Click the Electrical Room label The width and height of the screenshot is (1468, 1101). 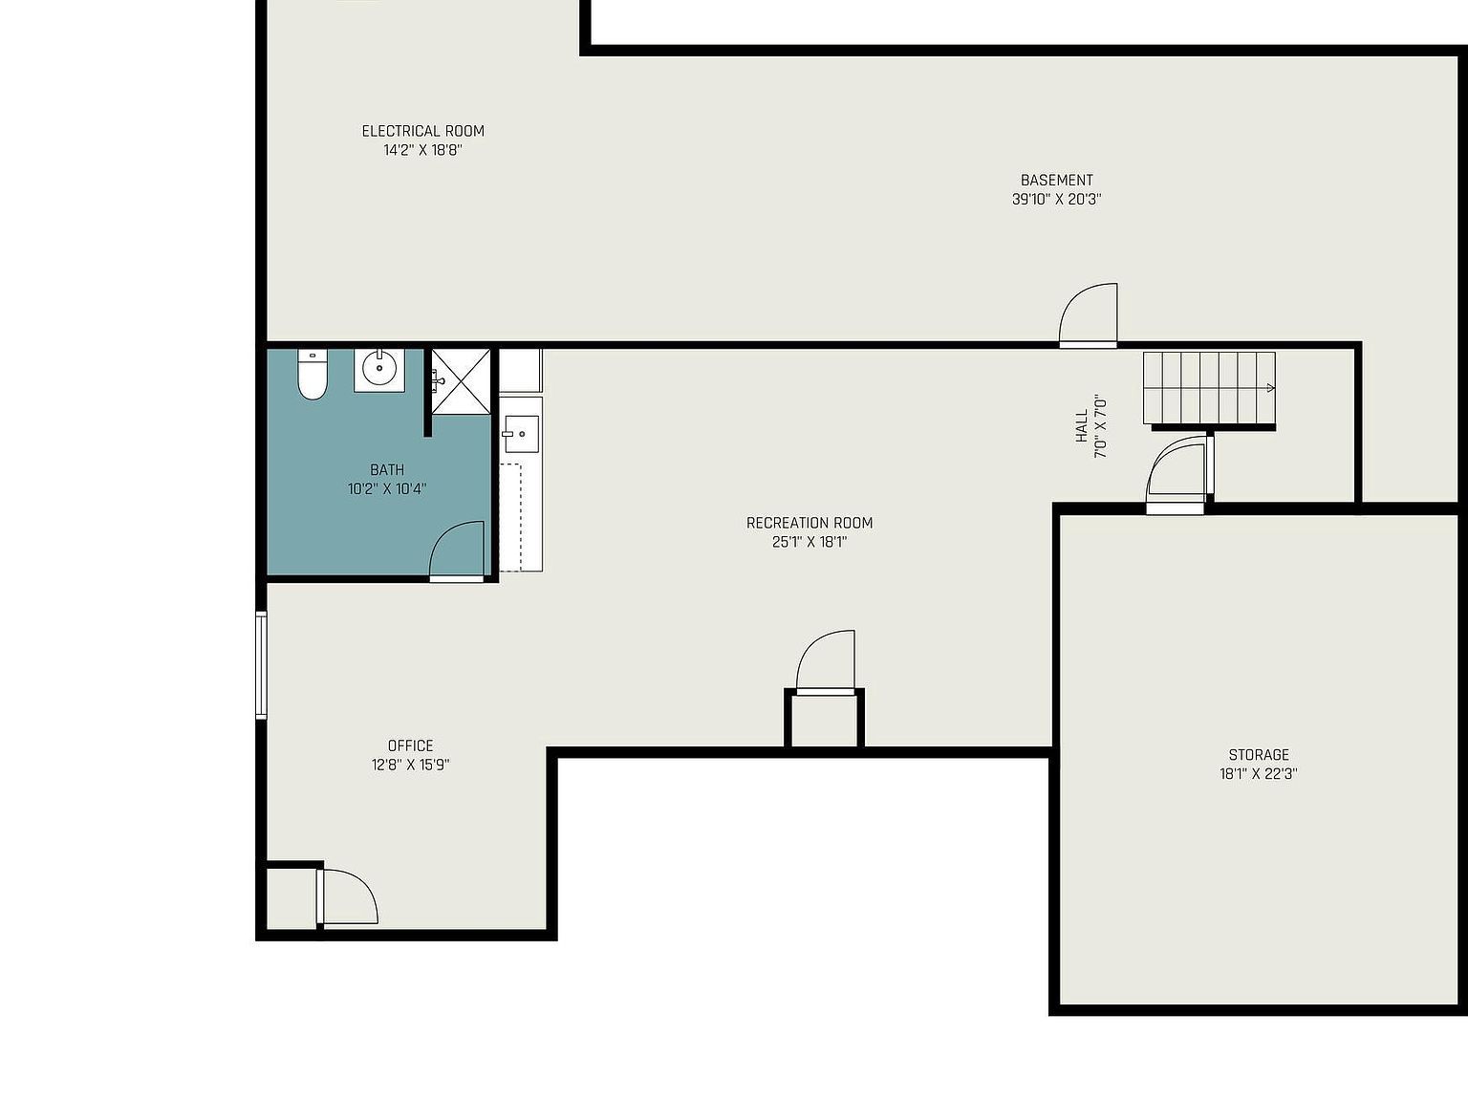[422, 131]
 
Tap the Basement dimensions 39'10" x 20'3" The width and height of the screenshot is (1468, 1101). [1057, 199]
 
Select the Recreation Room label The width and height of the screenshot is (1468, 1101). [810, 523]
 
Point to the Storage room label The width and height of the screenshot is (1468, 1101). [1259, 755]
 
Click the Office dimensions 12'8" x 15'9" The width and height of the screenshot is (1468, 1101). [411, 765]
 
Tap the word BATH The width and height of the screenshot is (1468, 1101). [386, 470]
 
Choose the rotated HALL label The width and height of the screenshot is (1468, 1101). [1082, 426]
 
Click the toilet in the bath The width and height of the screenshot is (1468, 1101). [312, 375]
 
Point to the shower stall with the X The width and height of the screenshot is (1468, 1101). [462, 381]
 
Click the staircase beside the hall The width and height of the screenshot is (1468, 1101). [1209, 388]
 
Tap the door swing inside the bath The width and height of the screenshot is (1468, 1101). [456, 550]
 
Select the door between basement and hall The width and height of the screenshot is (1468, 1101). [1089, 315]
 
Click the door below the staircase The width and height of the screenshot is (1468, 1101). [1177, 475]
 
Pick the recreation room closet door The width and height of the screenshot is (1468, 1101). [826, 661]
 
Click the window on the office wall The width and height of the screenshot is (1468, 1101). [262, 665]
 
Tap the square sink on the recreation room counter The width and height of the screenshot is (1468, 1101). [521, 434]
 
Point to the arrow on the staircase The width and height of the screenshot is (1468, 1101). [1268, 388]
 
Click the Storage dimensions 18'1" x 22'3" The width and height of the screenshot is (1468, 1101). [1259, 774]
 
